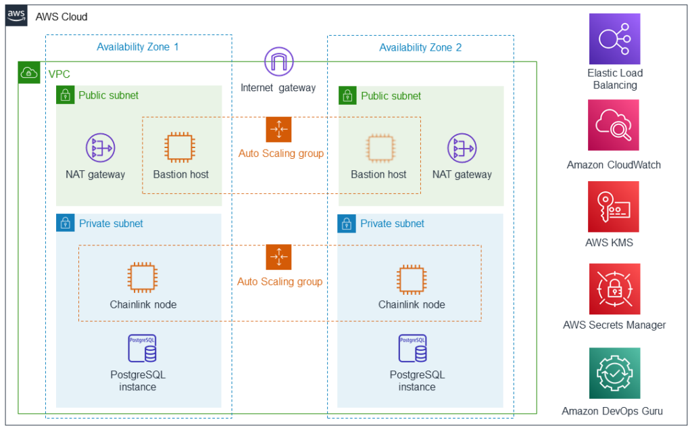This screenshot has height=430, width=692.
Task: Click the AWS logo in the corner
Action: tap(16, 16)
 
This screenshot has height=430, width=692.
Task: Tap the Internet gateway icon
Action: tap(278, 63)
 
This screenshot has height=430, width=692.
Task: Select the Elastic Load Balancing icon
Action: tap(614, 39)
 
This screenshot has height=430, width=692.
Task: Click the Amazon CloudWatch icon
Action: tap(614, 125)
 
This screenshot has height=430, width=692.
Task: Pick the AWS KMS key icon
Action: tap(614, 207)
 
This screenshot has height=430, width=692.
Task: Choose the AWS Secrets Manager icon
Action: tap(614, 289)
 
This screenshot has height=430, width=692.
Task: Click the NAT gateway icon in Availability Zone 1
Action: tap(100, 147)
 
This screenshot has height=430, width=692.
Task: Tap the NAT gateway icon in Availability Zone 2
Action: tap(462, 147)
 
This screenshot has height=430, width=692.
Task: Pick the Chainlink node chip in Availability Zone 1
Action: tap(143, 277)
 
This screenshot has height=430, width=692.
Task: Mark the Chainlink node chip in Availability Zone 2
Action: tap(412, 277)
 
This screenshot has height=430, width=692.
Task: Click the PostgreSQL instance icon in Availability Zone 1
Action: tap(142, 349)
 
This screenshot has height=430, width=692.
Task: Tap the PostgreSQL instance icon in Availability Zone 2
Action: tap(412, 349)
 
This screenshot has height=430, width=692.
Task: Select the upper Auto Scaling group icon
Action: tap(278, 129)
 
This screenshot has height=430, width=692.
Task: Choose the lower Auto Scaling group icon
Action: tap(278, 258)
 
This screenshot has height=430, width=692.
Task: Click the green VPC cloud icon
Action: tap(28, 73)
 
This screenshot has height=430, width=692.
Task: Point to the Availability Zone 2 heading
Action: tap(420, 47)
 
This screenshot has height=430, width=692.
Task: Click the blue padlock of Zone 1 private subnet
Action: tap(65, 223)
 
